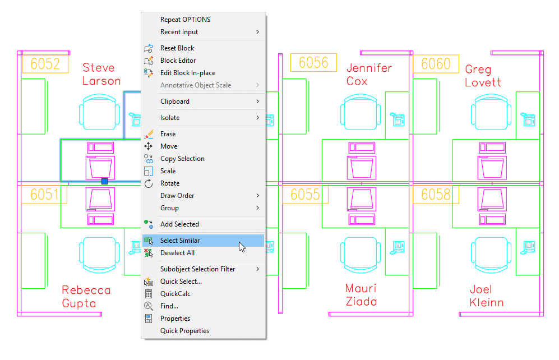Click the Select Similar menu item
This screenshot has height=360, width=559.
179,241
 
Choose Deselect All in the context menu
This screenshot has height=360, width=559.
177,253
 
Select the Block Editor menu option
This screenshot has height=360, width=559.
178,61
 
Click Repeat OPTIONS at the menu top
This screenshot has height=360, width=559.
185,20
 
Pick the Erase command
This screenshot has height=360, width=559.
168,134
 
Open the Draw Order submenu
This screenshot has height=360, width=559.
177,196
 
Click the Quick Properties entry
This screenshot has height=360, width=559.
184,331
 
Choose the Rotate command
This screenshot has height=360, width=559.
170,183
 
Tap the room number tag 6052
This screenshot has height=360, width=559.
45,64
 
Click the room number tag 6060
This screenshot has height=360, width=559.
436,64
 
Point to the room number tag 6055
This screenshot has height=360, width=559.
305,195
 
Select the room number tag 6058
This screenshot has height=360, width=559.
436,195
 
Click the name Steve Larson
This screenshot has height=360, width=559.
101,74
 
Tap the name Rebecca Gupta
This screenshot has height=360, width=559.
86,297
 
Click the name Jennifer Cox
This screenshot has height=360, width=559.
368,74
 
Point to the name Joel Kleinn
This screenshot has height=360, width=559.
486,296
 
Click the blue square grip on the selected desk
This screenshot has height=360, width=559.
104,182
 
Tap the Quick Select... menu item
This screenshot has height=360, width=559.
181,281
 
